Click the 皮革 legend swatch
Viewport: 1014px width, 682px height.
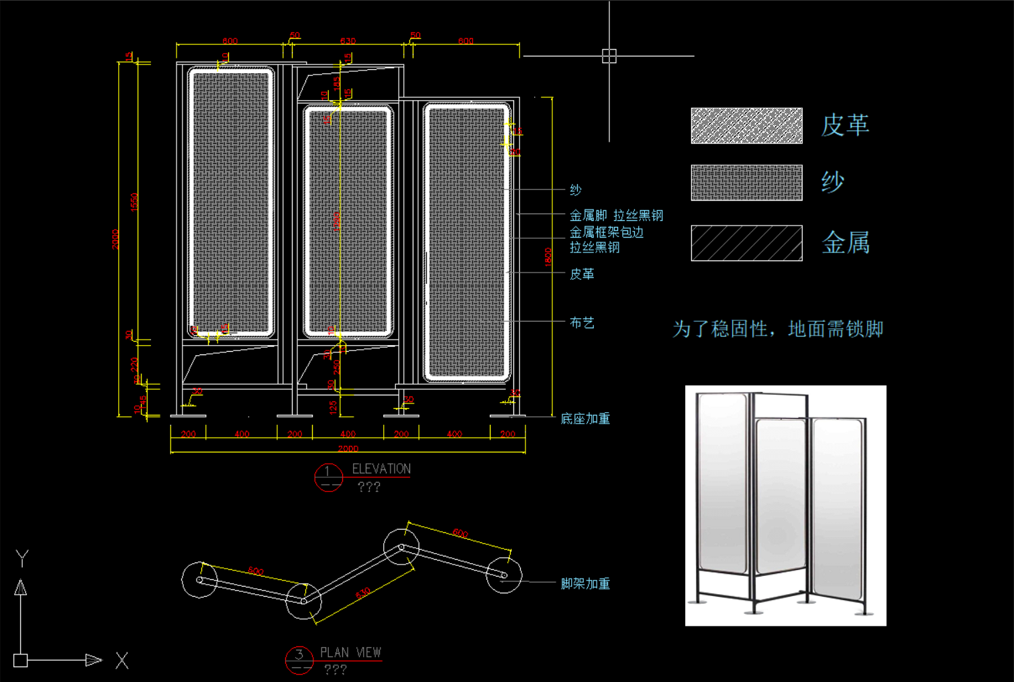click(x=746, y=126)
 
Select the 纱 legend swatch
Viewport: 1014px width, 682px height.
click(x=746, y=183)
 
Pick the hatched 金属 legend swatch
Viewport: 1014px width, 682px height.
click(x=746, y=243)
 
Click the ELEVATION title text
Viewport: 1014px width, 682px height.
click(x=381, y=469)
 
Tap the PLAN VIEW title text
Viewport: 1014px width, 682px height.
click(x=350, y=652)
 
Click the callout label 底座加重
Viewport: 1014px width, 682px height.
click(x=585, y=419)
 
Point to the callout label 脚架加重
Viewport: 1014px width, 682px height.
click(x=585, y=584)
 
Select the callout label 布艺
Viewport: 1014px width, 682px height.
click(x=582, y=323)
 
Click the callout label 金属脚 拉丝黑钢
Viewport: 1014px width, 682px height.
click(x=616, y=215)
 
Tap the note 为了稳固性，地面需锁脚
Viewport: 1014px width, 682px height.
click(x=778, y=329)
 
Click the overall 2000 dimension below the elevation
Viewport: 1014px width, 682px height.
click(x=348, y=448)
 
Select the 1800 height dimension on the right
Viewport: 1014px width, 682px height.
click(x=548, y=257)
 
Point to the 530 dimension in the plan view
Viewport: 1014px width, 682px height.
click(x=363, y=594)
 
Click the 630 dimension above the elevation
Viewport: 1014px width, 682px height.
click(x=348, y=42)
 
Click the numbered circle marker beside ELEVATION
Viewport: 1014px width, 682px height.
click(x=328, y=477)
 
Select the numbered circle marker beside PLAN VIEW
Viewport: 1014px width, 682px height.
click(x=299, y=660)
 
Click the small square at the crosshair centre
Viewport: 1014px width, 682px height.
click(x=609, y=56)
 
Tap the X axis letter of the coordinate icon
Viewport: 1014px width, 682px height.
click(x=121, y=661)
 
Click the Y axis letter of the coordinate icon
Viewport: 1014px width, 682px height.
click(x=22, y=558)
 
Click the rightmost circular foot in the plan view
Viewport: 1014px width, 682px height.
click(x=504, y=575)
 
